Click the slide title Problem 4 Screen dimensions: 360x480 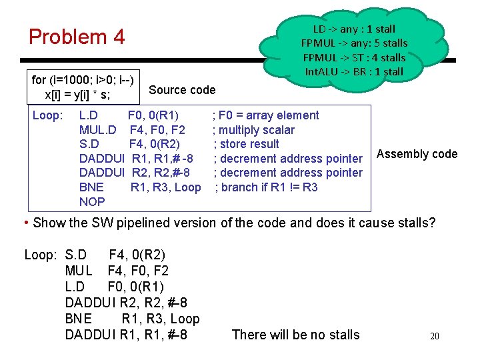(x=77, y=37)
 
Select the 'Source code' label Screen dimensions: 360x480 (x=182, y=90)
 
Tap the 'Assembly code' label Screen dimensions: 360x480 (x=417, y=154)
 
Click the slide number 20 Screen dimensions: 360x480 (x=434, y=336)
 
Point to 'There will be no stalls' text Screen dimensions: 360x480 (x=295, y=335)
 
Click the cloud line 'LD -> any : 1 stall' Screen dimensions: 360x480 (x=354, y=29)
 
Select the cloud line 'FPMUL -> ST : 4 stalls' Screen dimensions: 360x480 (x=354, y=57)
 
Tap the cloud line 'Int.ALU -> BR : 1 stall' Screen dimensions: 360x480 (x=354, y=71)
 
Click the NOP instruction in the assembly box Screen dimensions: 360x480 (x=92, y=201)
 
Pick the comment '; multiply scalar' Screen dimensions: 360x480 (x=253, y=129)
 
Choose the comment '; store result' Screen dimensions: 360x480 (x=247, y=144)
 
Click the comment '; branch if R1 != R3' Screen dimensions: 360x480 (x=266, y=187)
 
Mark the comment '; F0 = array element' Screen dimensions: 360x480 (x=265, y=115)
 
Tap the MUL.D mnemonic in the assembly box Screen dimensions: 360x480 (x=98, y=129)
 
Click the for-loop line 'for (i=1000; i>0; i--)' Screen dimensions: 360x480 (x=83, y=81)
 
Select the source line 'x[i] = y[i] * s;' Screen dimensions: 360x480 (x=77, y=95)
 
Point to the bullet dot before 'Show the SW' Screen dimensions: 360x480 (x=25, y=222)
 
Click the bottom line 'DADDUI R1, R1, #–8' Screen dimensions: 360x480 (x=126, y=335)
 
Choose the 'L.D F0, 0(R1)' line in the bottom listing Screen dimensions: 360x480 (x=114, y=287)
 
